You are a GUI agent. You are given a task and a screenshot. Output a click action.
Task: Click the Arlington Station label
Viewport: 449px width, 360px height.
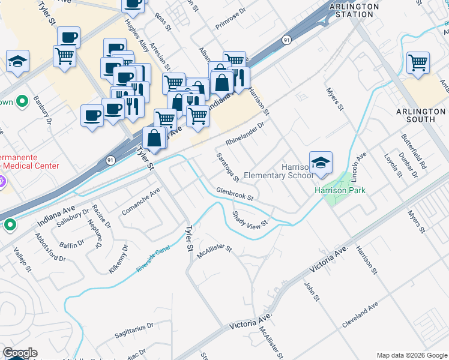point(354,10)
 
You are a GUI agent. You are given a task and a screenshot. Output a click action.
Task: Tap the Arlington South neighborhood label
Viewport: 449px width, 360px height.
point(421,115)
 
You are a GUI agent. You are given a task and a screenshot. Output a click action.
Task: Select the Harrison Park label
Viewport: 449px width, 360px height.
point(340,191)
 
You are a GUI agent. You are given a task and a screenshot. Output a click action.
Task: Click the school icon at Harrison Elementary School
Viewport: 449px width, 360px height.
point(321,163)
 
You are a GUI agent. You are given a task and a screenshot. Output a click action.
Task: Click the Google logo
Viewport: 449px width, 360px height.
point(20,353)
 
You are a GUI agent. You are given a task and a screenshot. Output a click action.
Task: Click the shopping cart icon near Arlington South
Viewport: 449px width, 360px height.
point(417,62)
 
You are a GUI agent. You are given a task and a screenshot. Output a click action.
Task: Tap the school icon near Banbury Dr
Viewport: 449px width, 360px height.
point(18,61)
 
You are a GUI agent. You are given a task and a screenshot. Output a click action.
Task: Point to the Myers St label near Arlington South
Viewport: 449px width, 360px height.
point(334,100)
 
